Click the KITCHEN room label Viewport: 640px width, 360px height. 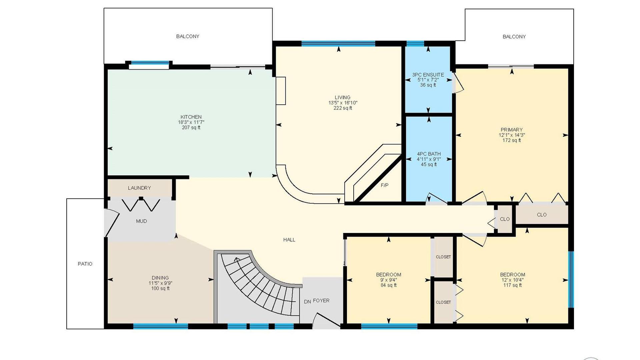(191, 117)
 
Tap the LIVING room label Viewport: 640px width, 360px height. (343, 98)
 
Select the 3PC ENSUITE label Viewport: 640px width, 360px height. (428, 75)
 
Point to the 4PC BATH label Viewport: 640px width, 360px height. (429, 154)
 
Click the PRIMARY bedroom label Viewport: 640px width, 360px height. (512, 130)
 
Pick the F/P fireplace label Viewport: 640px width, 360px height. (385, 185)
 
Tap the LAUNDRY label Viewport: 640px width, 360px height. (139, 188)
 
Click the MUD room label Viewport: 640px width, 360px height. (141, 221)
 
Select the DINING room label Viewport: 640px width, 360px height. (160, 278)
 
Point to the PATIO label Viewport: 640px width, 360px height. (85, 264)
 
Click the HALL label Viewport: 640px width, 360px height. (289, 240)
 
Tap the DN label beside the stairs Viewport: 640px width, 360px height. (307, 302)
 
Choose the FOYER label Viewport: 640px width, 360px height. (321, 301)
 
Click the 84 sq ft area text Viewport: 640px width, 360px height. (389, 285)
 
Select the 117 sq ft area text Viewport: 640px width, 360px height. (513, 285)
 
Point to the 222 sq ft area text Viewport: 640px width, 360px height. (343, 108)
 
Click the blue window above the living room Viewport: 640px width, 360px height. (338, 43)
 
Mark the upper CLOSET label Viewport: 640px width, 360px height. (443, 257)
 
